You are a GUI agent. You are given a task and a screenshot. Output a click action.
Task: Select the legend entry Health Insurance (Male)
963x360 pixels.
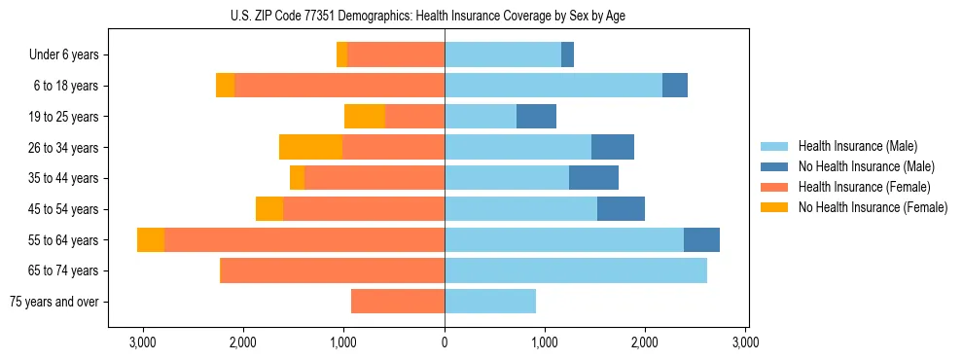coord(856,146)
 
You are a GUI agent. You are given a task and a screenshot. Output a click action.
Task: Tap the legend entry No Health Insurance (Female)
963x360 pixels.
coord(873,207)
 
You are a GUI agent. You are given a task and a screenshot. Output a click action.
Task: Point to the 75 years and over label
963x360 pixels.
coord(53,302)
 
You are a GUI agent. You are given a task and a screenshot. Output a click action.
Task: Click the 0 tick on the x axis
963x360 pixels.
coord(445,342)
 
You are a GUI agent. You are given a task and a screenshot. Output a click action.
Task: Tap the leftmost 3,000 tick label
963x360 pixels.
coord(143,342)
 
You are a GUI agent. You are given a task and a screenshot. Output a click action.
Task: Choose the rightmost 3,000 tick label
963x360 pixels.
coord(745,342)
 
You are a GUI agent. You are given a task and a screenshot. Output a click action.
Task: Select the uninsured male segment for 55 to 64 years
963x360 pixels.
coord(701,239)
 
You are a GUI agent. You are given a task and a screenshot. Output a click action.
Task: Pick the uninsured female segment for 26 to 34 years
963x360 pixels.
coord(310,147)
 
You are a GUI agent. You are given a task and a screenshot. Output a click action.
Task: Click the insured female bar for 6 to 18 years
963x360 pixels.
coord(339,86)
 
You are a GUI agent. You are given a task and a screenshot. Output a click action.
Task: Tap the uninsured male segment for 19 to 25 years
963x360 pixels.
coord(536,117)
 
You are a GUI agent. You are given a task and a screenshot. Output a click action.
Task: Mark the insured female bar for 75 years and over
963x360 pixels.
coord(398,302)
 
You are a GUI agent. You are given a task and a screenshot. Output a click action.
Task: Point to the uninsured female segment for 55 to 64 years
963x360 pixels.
coord(151,239)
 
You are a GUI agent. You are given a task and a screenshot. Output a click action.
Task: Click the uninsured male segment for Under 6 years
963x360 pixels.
coord(567,54)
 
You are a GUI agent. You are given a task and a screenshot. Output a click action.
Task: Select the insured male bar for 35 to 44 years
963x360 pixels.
coord(507,178)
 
